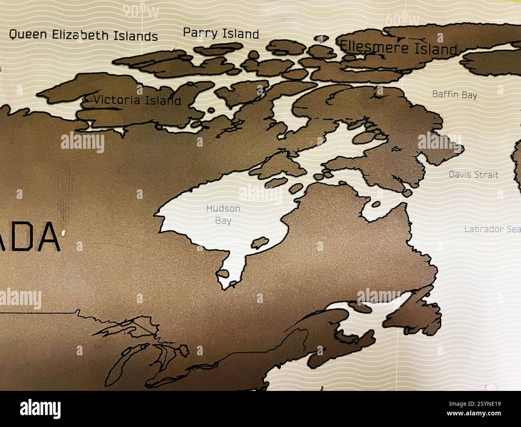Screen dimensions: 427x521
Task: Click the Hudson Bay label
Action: click(x=223, y=214)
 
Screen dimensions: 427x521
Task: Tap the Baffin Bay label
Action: click(x=454, y=95)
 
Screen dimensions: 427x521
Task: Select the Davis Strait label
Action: click(x=473, y=174)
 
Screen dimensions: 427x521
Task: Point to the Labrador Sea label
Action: click(x=492, y=229)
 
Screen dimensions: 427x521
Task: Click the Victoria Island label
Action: click(x=137, y=100)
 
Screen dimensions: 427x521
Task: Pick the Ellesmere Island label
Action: click(x=398, y=48)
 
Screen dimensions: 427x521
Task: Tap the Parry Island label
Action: click(x=221, y=33)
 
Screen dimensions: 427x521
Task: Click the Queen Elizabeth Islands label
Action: click(x=83, y=35)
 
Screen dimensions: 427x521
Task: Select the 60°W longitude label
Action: click(x=402, y=19)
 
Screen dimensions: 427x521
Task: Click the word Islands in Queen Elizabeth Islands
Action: click(x=135, y=36)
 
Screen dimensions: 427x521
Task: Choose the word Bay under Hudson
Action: click(x=223, y=220)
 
